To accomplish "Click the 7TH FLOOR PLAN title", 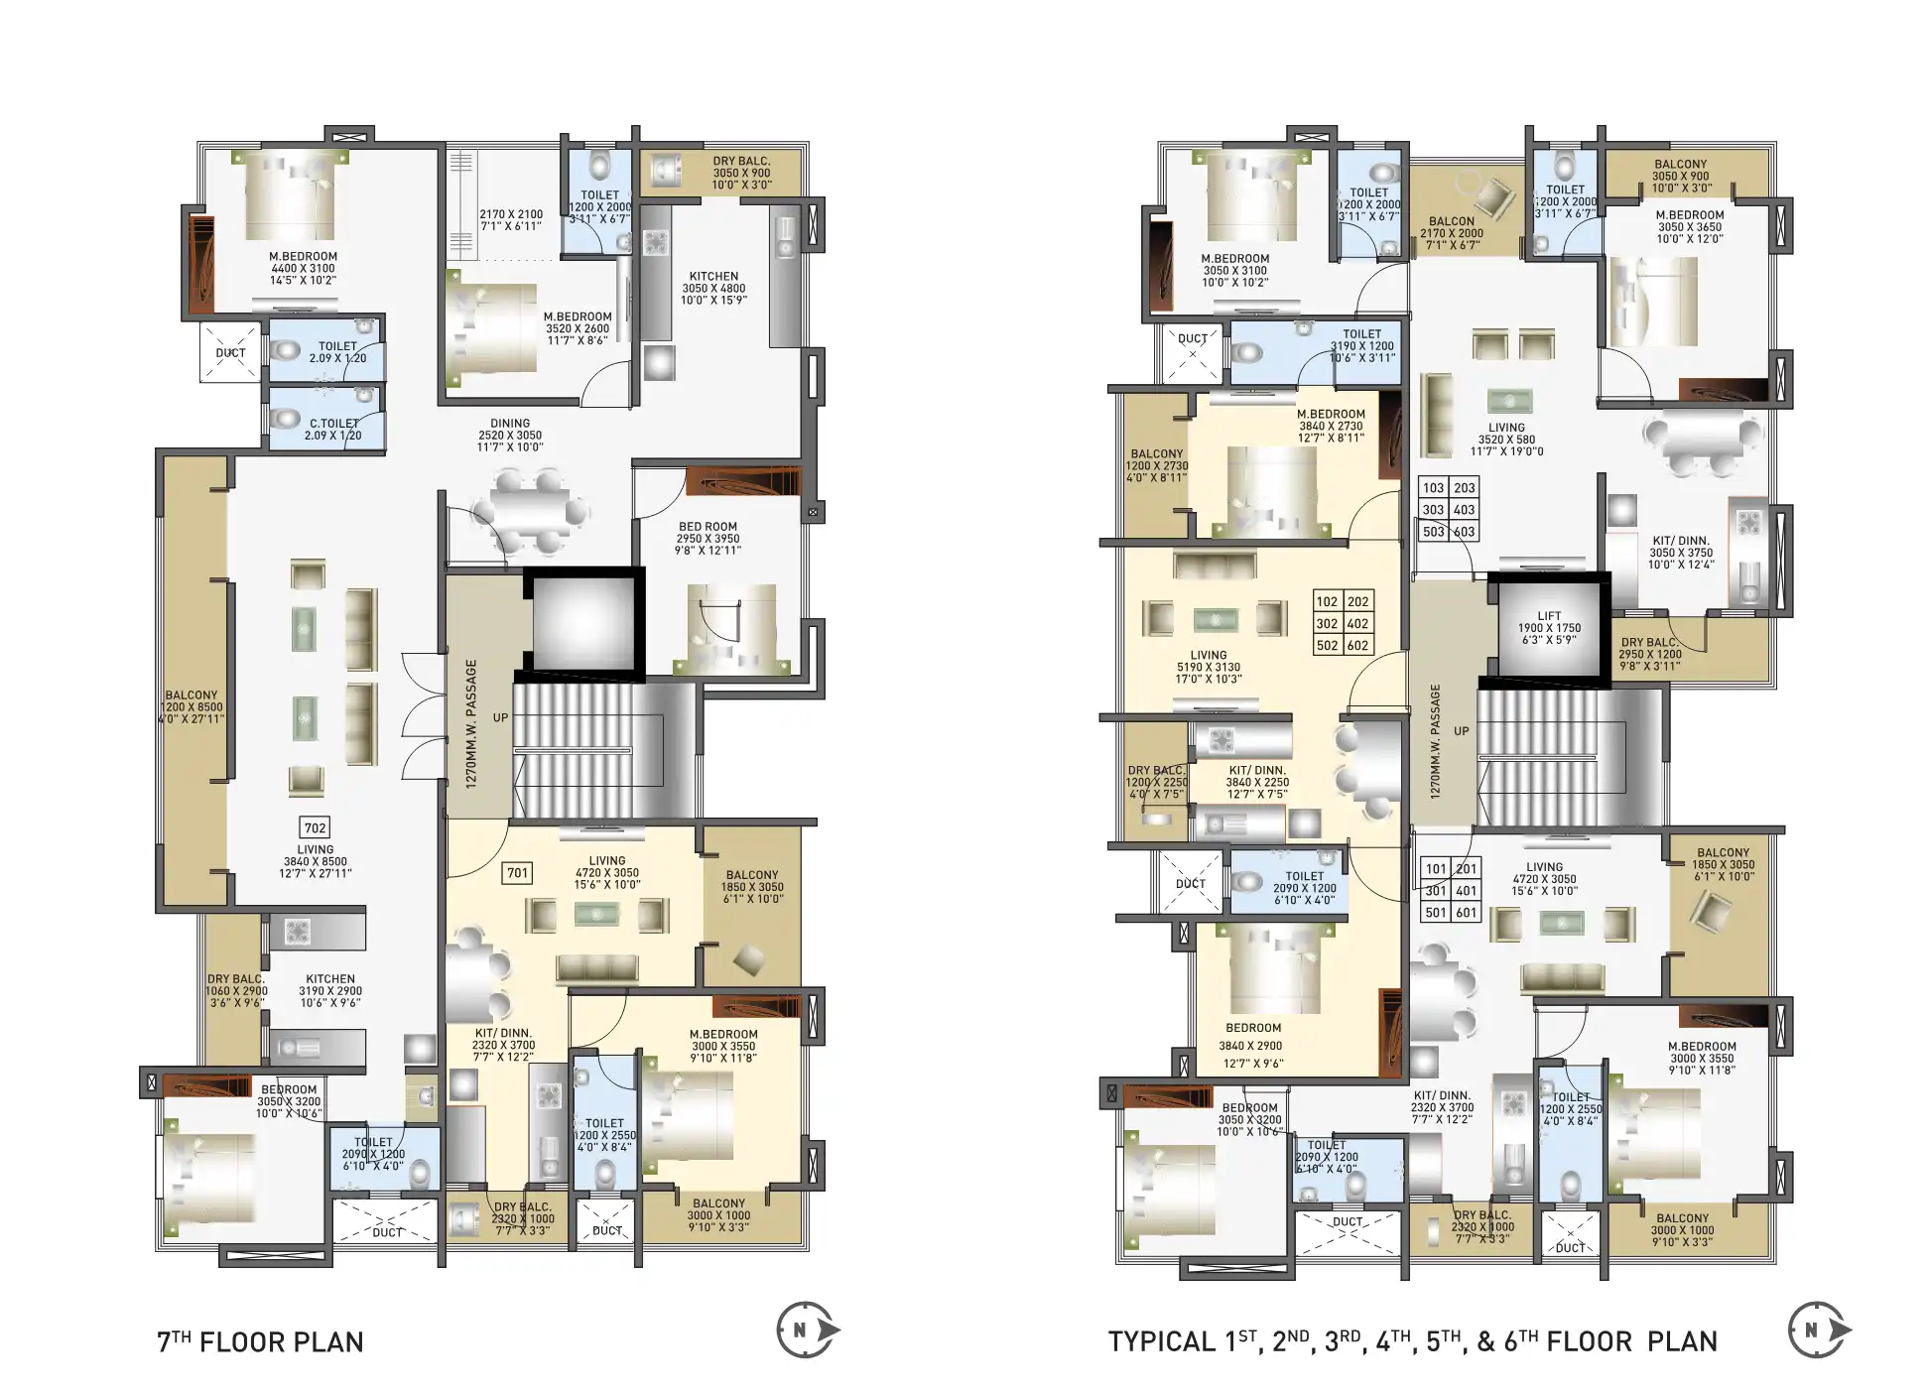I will tap(260, 1341).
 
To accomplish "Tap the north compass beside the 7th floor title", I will tap(806, 1330).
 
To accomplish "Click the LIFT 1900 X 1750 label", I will tap(1549, 628).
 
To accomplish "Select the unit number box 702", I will tap(315, 827).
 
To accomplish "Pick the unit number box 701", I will tap(517, 873).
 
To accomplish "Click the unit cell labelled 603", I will tap(1465, 532).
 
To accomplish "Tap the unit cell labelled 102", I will tap(1327, 601).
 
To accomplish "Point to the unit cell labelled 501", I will tap(1435, 913).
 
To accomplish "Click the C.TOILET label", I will tap(333, 429).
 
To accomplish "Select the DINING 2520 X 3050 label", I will tap(510, 435).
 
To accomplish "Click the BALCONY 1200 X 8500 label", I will tap(192, 706).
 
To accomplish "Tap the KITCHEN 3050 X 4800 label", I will tap(713, 288).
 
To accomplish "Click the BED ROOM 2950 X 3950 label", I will tap(707, 538).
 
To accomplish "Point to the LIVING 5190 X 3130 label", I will tap(1208, 667).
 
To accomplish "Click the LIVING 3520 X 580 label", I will tap(1506, 439).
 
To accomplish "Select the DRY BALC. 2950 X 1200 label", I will tap(1650, 654).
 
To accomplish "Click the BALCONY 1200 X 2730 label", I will tap(1157, 465).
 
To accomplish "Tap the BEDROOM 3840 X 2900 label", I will tap(1252, 1045).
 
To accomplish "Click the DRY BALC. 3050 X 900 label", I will tap(741, 173).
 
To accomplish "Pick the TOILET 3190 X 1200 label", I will tap(1361, 345).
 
